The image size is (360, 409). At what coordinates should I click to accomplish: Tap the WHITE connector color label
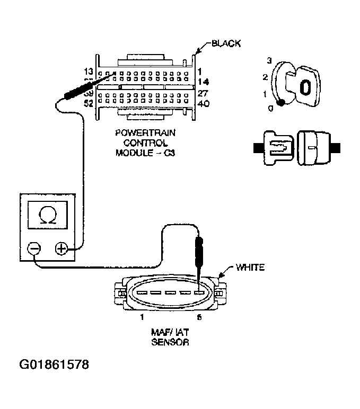[x=250, y=268]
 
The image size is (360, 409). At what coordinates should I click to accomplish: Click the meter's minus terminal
[x=34, y=248]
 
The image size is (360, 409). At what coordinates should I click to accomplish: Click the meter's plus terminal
[x=62, y=248]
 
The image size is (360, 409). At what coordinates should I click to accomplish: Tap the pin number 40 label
[x=203, y=104]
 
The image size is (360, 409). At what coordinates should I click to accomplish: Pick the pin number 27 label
[x=203, y=93]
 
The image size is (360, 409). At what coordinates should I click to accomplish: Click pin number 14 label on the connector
[x=203, y=82]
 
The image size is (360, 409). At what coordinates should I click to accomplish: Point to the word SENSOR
[x=171, y=342]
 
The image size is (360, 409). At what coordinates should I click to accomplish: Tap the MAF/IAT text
[x=170, y=333]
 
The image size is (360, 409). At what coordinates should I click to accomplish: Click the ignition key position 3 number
[x=269, y=61]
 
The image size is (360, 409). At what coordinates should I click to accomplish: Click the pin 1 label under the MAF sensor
[x=142, y=317]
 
